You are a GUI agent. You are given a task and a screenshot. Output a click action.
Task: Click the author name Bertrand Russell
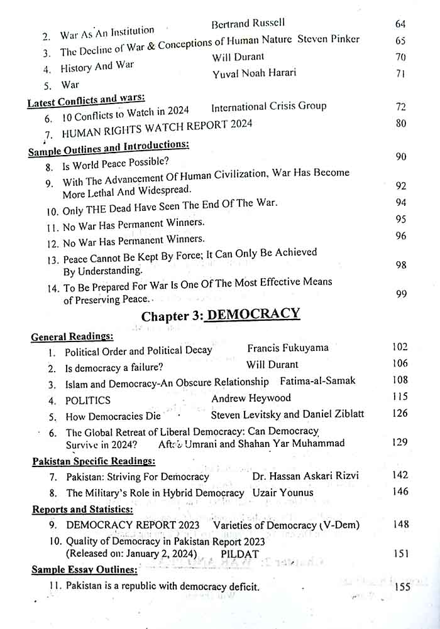(248, 24)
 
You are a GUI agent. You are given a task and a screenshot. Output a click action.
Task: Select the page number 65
(400, 41)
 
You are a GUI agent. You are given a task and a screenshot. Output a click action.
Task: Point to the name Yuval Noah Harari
(254, 73)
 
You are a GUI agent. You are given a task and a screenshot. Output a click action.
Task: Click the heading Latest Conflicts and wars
(86, 99)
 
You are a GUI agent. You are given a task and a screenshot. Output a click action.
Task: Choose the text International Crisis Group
(268, 106)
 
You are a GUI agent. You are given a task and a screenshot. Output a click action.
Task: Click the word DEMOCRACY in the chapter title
(253, 314)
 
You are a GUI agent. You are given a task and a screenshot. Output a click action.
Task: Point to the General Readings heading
(72, 337)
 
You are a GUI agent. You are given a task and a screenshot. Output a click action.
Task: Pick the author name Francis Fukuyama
(287, 347)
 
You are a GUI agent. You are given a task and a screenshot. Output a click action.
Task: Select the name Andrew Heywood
(251, 398)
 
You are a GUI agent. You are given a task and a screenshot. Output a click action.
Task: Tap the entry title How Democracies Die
(113, 416)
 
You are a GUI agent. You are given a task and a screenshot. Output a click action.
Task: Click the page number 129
(399, 443)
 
